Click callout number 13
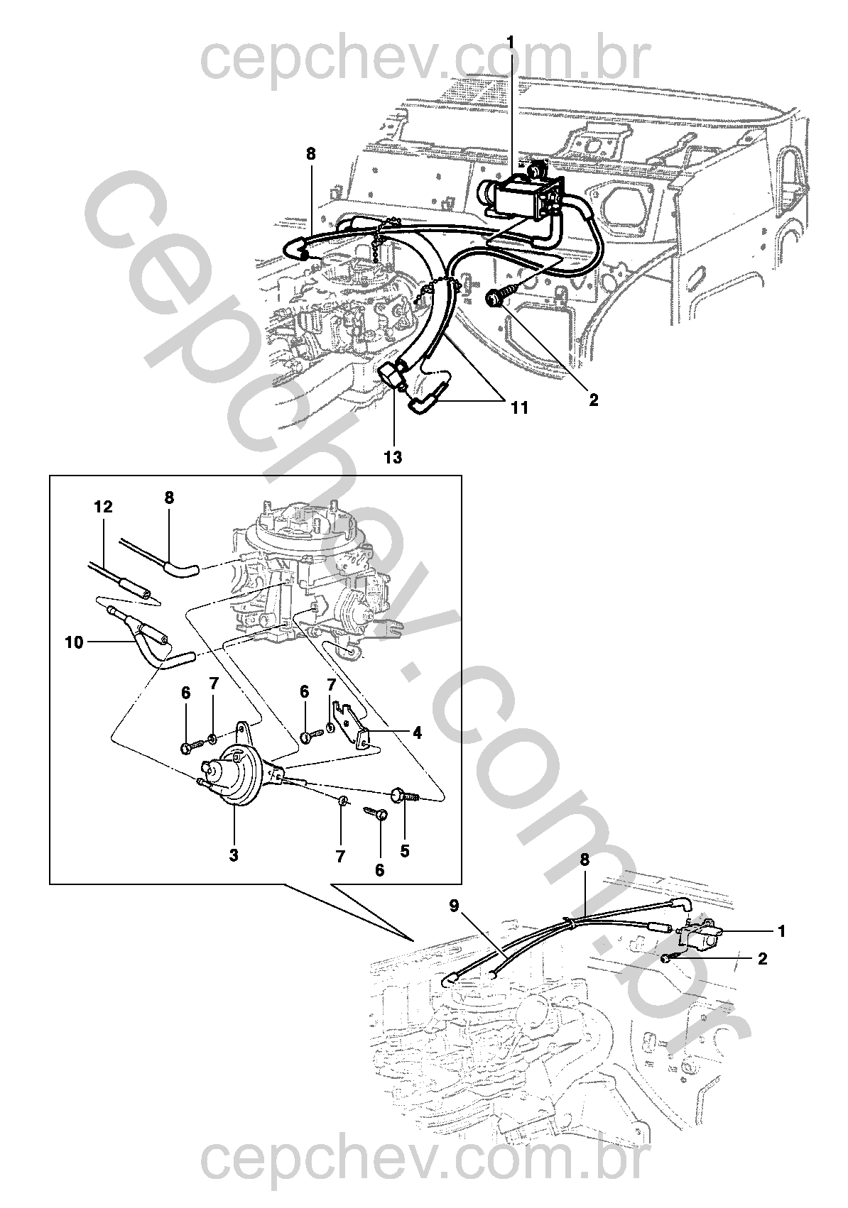click(x=393, y=458)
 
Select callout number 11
click(x=519, y=407)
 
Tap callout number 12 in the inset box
click(x=103, y=507)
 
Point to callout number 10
click(x=73, y=642)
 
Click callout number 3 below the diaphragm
click(x=234, y=856)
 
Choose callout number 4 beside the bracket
click(x=417, y=733)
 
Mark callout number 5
click(x=405, y=850)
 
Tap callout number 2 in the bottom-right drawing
click(x=763, y=959)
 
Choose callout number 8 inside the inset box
click(x=169, y=498)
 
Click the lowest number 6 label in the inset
click(x=379, y=870)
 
